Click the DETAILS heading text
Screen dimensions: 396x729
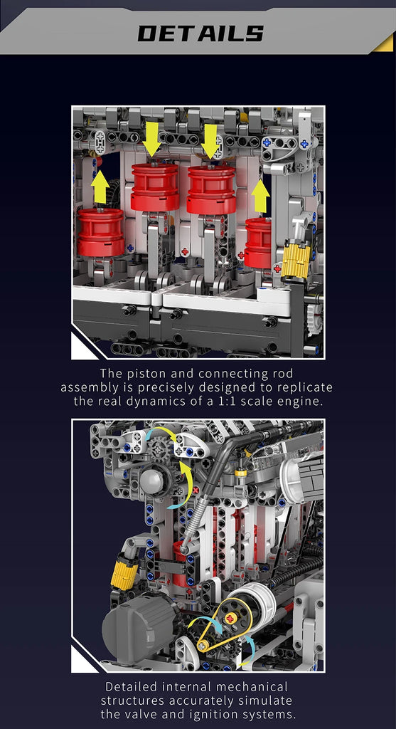(x=200, y=33)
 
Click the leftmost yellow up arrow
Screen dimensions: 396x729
(x=100, y=187)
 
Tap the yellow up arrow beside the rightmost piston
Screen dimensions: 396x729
(x=260, y=196)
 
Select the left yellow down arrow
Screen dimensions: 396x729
(x=152, y=139)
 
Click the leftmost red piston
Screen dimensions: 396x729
(x=101, y=233)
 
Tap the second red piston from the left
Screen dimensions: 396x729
(x=155, y=187)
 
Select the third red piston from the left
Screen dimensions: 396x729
(x=212, y=189)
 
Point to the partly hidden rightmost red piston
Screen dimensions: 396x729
(x=257, y=243)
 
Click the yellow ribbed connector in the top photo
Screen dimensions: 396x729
(x=296, y=259)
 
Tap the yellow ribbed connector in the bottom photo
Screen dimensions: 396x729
(x=124, y=570)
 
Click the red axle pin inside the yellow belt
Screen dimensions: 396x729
(x=230, y=619)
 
